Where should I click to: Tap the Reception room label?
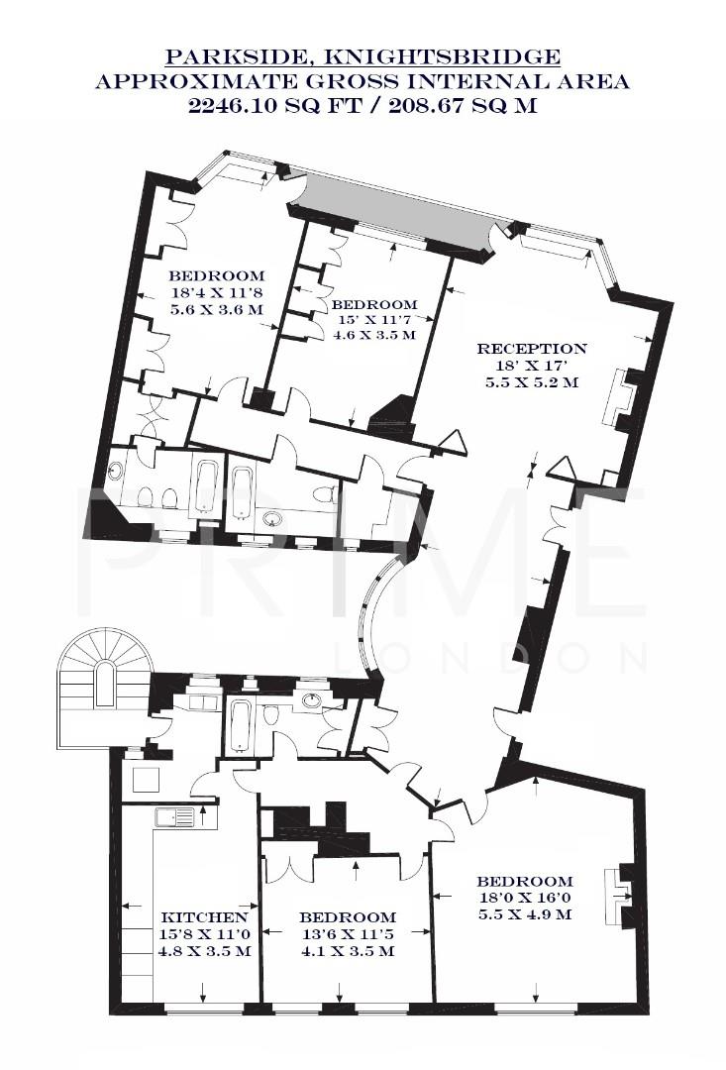pyautogui.click(x=532, y=349)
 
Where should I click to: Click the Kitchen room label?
pyautogui.click(x=205, y=916)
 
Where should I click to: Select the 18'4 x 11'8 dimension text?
pyautogui.click(x=216, y=292)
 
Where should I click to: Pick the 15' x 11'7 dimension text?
pyautogui.click(x=373, y=320)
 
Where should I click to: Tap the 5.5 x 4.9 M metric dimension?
pyautogui.click(x=524, y=914)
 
